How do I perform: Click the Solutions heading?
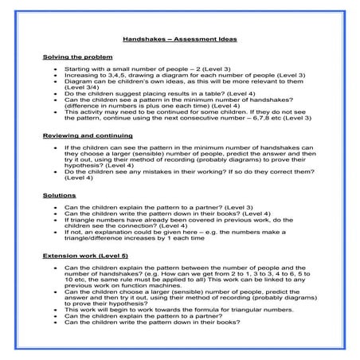60,195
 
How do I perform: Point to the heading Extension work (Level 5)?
85,255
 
